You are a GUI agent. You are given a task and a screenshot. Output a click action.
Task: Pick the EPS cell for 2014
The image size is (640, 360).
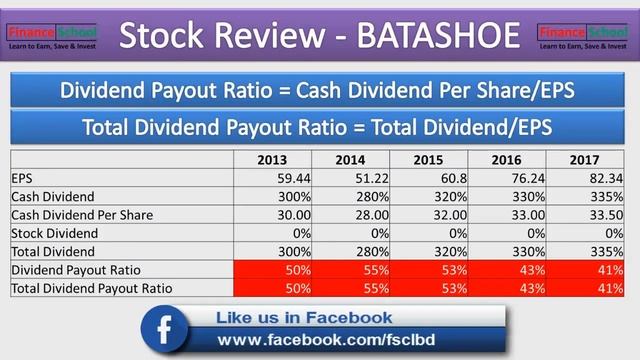click(350, 179)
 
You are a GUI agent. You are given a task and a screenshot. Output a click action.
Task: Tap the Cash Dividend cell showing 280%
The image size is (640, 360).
click(350, 197)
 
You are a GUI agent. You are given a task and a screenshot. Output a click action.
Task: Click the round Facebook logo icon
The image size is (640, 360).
click(167, 330)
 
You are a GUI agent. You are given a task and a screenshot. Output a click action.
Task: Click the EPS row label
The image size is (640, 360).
click(23, 179)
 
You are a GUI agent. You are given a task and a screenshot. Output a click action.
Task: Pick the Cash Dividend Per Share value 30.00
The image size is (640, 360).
click(272, 215)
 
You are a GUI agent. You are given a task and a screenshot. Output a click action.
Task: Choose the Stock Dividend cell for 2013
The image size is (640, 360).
click(272, 233)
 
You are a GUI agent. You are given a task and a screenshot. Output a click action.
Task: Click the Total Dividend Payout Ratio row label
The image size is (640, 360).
click(91, 288)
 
